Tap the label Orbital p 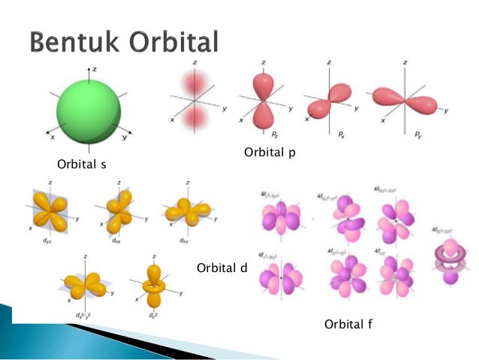[x=270, y=153]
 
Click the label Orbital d [x=221, y=268]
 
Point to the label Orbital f [x=349, y=324]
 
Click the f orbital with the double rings [x=447, y=257]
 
